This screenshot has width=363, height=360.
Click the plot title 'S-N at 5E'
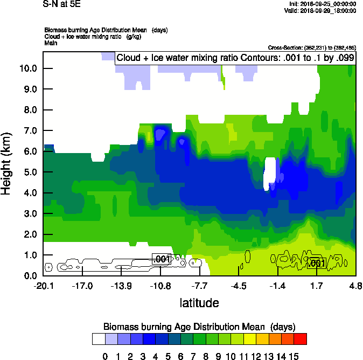(61, 3)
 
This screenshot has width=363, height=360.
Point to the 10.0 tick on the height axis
(29, 68)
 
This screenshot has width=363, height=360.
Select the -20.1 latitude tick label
(43, 286)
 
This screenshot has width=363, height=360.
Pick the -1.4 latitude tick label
(277, 286)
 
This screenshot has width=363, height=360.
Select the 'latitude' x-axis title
(199, 303)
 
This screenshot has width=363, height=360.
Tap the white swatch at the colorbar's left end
(99, 339)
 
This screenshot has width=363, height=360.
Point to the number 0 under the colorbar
(105, 356)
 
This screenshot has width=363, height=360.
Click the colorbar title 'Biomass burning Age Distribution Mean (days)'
(199, 327)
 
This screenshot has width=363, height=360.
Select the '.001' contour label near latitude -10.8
(162, 259)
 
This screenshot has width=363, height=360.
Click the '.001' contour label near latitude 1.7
(317, 263)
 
